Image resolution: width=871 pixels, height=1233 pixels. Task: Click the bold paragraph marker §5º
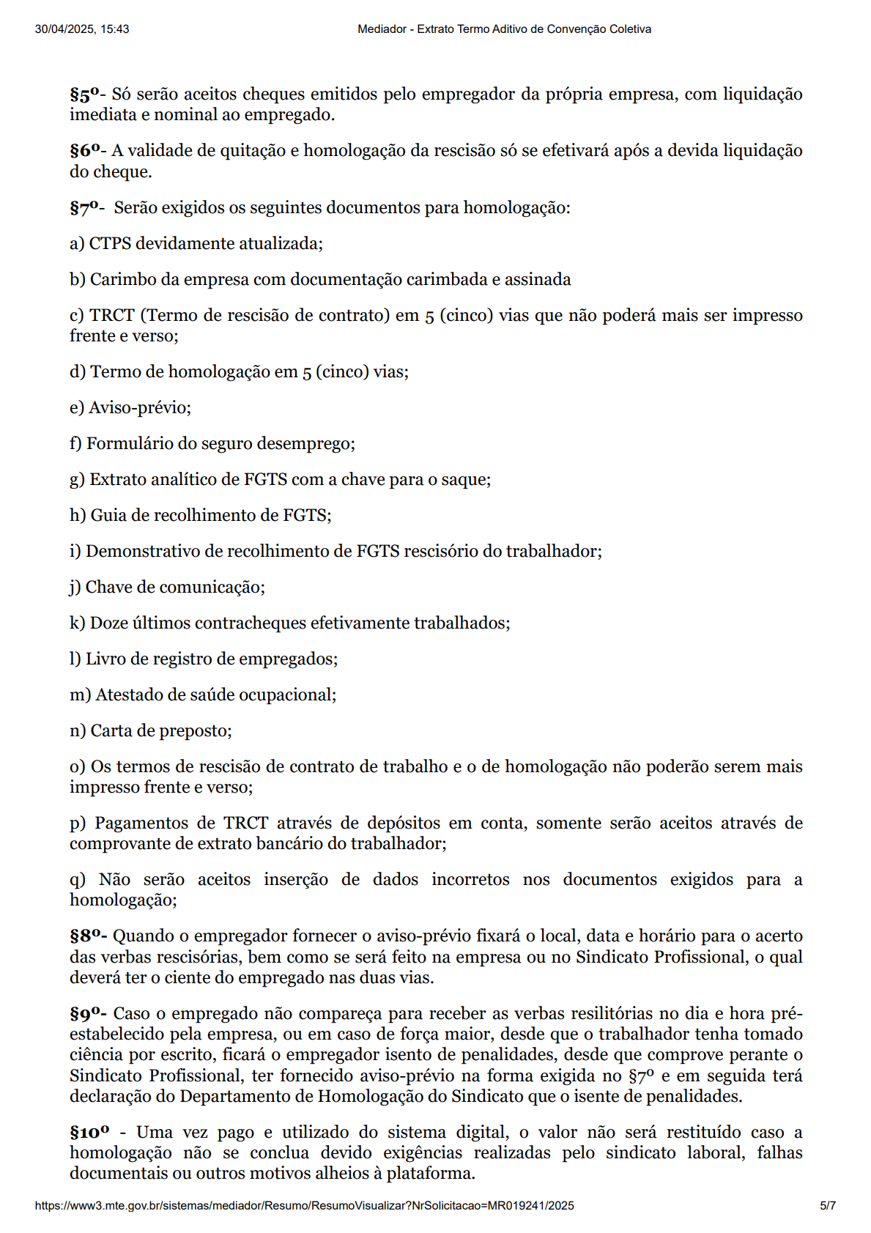[x=84, y=95]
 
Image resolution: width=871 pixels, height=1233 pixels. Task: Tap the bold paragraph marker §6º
[x=84, y=151]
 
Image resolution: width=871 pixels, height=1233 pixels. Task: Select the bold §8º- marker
[x=88, y=936]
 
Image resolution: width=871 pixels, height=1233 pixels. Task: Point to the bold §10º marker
[x=89, y=1133]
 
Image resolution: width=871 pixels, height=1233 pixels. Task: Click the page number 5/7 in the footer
[x=827, y=1206]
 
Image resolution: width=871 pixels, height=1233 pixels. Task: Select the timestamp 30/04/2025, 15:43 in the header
[x=82, y=29]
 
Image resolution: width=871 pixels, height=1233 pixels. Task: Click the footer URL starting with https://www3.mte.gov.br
[x=304, y=1206]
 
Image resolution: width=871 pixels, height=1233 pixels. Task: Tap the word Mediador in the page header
[x=382, y=29]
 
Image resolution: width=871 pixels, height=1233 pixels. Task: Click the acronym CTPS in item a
[x=110, y=244]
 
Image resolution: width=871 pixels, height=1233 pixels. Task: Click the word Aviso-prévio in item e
[x=139, y=408]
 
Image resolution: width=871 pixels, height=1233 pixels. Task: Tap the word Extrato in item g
[x=116, y=480]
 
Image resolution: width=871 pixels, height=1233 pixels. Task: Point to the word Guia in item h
[x=105, y=516]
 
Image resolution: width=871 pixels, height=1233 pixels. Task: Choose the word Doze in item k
[x=107, y=623]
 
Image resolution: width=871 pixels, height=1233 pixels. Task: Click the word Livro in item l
[x=102, y=659]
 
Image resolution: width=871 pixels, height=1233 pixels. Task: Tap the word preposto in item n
[x=199, y=731]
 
